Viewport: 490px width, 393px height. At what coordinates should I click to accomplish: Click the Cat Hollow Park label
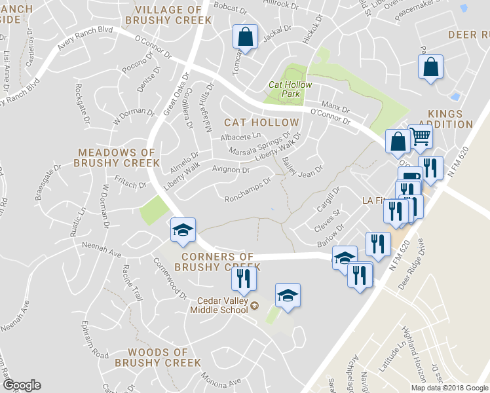(x=290, y=89)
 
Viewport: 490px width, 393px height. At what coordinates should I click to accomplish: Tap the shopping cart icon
(x=421, y=137)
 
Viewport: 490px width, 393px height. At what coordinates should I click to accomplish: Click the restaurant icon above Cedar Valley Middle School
(x=242, y=278)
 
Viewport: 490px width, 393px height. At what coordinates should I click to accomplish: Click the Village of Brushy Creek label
(x=172, y=14)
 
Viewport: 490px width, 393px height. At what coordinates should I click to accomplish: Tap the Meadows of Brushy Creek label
(x=117, y=157)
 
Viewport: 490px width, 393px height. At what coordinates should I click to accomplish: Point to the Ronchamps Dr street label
(x=248, y=190)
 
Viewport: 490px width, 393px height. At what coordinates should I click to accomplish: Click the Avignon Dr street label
(x=231, y=170)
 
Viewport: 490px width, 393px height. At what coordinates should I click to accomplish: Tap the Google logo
(x=22, y=384)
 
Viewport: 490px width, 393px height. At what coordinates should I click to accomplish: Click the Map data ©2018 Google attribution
(x=449, y=388)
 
